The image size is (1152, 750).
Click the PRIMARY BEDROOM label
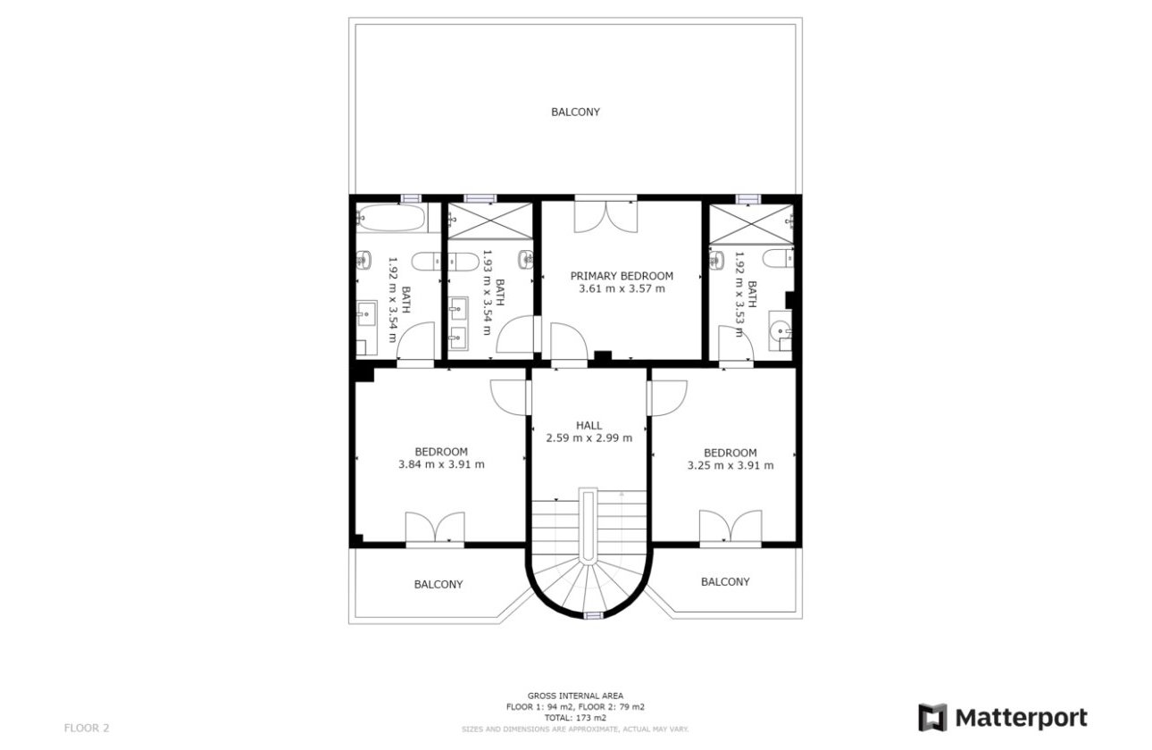(x=622, y=276)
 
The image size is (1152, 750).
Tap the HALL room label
(x=589, y=425)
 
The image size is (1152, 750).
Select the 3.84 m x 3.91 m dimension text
(x=441, y=464)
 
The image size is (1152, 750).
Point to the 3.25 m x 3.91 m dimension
(x=730, y=465)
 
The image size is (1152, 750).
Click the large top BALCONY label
(x=575, y=112)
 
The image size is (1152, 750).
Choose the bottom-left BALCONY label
(x=438, y=584)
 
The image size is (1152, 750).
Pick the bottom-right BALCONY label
(x=725, y=581)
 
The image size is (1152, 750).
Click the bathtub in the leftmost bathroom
(x=391, y=217)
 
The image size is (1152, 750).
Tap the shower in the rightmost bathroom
(x=751, y=223)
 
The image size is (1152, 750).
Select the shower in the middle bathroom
(x=489, y=221)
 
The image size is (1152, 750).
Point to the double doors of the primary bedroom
(x=605, y=216)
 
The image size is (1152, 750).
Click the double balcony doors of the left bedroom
(x=435, y=527)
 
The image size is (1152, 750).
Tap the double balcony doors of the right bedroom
(x=730, y=526)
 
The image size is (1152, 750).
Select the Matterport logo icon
(x=932, y=718)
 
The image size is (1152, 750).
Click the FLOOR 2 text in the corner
(x=87, y=728)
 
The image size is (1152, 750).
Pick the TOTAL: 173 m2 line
(x=575, y=717)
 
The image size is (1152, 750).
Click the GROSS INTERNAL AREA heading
(x=575, y=696)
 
